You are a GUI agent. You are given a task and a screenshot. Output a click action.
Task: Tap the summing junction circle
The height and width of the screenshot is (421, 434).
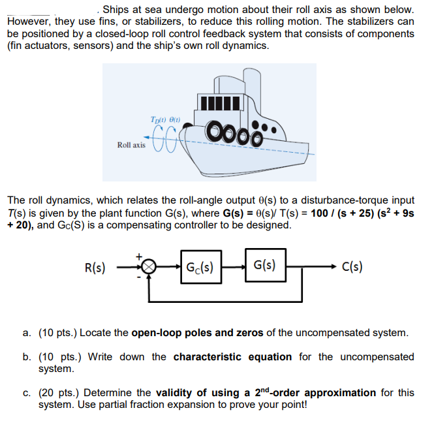149,267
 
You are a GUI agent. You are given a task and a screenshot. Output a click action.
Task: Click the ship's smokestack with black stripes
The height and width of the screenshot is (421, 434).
223,102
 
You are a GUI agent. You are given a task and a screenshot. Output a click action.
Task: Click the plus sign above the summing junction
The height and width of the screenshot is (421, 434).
139,257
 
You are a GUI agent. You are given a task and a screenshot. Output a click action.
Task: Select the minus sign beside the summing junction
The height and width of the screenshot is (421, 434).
139,277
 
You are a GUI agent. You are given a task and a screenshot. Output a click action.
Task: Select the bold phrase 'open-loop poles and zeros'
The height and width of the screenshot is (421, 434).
197,333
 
